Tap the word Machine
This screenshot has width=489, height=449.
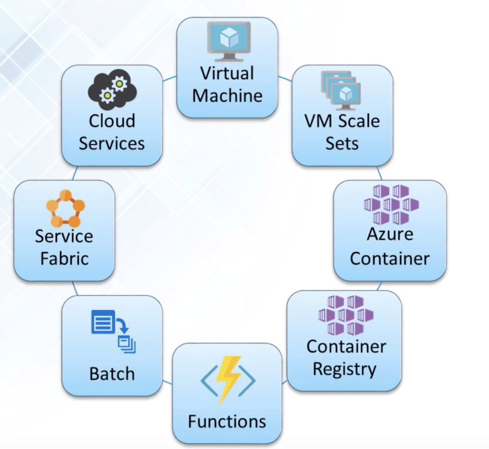tap(227, 96)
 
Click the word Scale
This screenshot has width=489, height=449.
tap(359, 121)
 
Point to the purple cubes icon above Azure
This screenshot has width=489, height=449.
tap(391, 205)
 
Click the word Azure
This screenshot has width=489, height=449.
tap(390, 235)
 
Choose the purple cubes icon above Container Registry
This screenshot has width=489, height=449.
tap(345, 315)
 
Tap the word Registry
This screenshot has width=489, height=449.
tap(344, 369)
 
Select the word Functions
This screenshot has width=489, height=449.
tap(227, 421)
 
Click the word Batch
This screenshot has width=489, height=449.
tap(112, 374)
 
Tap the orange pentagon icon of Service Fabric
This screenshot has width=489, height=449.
tap(65, 208)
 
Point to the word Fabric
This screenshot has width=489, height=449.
tap(64, 258)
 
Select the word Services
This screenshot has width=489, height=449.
tap(112, 143)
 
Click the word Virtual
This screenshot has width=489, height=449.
tap(227, 74)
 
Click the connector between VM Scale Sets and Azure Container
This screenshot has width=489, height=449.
tap(379, 173)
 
